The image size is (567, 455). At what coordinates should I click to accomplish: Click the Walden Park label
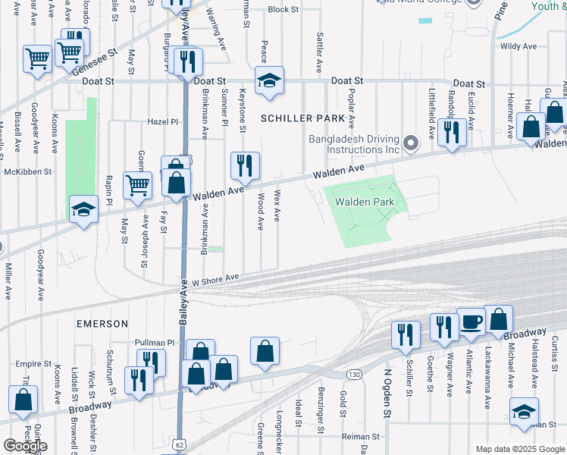tap(365, 202)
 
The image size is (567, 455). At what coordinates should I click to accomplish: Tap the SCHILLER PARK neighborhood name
tap(302, 118)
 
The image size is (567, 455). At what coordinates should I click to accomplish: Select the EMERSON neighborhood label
tap(102, 324)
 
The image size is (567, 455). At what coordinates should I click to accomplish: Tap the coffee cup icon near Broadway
tap(471, 322)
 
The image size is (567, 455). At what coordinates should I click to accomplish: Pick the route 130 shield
tap(353, 375)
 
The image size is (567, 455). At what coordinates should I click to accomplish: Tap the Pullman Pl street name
tap(155, 343)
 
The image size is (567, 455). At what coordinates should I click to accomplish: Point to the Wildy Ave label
tap(518, 47)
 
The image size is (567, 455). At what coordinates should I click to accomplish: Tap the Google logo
tap(25, 445)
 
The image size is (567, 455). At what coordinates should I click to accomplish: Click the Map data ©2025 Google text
tap(519, 449)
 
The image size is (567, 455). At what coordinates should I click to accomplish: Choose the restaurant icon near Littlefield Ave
tap(453, 133)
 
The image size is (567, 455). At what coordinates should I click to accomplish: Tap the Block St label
tap(283, 10)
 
